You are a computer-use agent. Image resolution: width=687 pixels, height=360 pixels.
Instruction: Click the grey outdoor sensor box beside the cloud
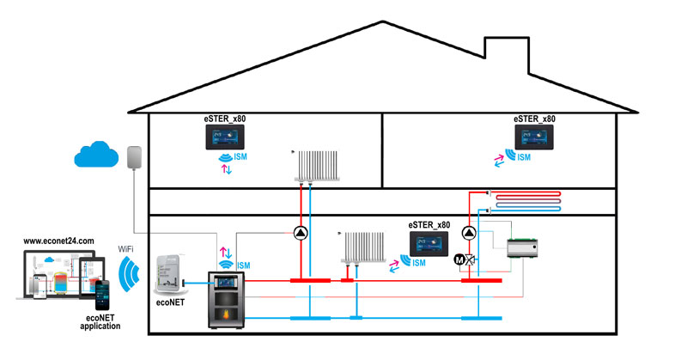tap(133, 156)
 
